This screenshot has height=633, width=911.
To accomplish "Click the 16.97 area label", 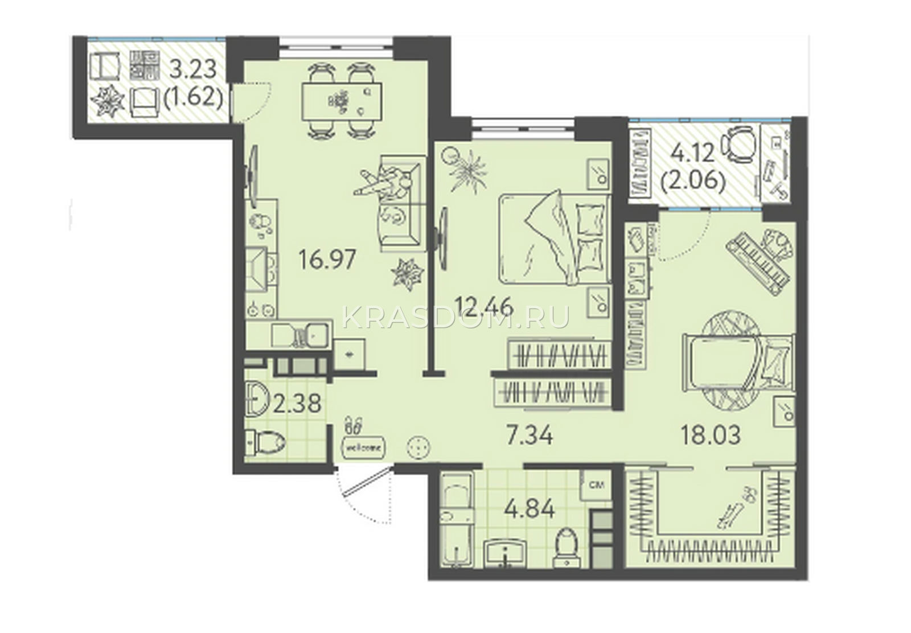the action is pyautogui.click(x=327, y=260).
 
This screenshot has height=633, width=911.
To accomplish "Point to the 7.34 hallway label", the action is pyautogui.click(x=530, y=436).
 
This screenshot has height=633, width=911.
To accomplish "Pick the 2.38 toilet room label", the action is pyautogui.click(x=297, y=404).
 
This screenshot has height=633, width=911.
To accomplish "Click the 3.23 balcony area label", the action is pyautogui.click(x=193, y=70).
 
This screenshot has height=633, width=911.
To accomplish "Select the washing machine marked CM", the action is pyautogui.click(x=597, y=485).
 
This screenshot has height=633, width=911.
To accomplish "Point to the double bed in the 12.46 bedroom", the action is pyautogui.click(x=555, y=239).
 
